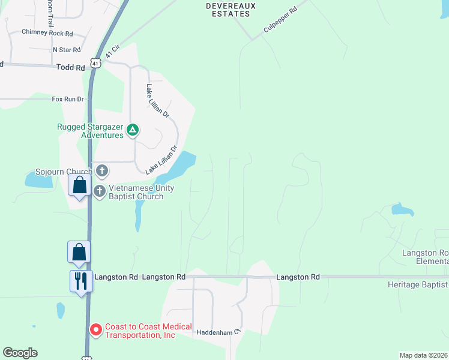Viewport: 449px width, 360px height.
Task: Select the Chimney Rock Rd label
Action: tap(47, 32)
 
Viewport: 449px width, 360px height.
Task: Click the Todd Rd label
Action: tap(70, 68)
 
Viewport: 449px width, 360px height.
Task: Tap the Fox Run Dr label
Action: tap(66, 99)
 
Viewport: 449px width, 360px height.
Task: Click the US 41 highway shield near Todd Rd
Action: tap(95, 62)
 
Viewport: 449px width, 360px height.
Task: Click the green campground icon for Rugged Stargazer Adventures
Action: tap(133, 130)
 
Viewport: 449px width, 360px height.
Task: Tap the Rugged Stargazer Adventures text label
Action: tap(90, 131)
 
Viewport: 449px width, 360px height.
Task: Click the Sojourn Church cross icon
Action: tap(102, 171)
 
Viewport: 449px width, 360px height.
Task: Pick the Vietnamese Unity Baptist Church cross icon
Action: tap(100, 191)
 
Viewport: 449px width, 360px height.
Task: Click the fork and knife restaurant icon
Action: tap(80, 280)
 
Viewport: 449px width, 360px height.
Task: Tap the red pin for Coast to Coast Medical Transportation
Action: tap(95, 329)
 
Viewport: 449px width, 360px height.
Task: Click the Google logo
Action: tap(20, 353)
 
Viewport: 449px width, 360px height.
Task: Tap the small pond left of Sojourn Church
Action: tap(37, 179)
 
